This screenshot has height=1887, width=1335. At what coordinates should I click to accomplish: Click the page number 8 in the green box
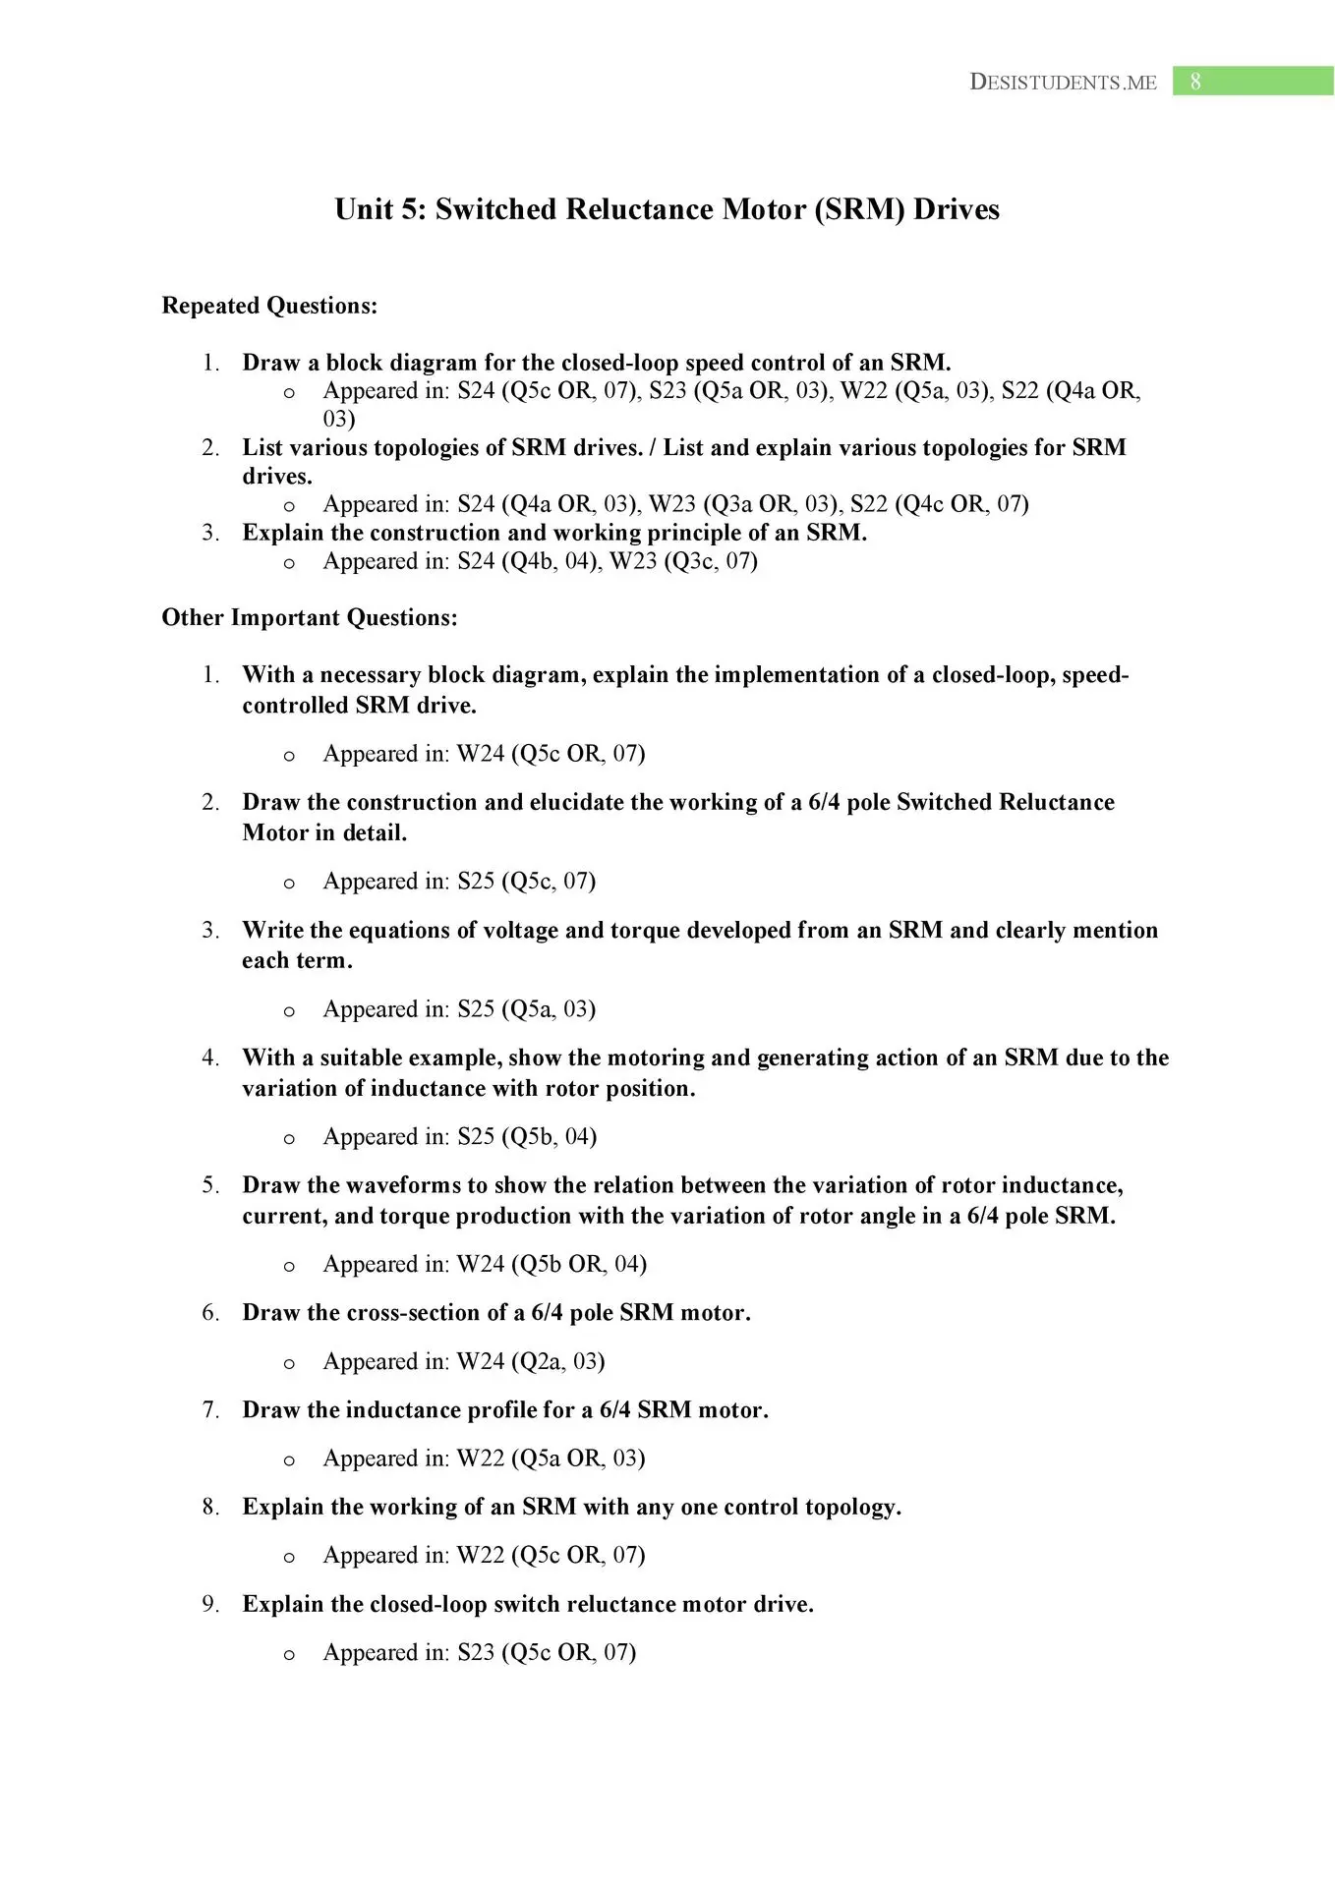pyautogui.click(x=1195, y=82)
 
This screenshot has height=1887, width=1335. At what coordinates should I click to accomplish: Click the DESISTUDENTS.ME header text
pyautogui.click(x=1063, y=83)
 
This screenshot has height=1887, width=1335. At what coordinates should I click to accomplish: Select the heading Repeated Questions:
pyautogui.click(x=269, y=306)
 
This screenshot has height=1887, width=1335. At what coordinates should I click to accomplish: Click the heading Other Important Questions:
pyautogui.click(x=310, y=617)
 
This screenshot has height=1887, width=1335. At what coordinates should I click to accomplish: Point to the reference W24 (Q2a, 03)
pyautogui.click(x=531, y=1361)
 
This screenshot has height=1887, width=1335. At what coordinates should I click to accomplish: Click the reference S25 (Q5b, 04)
pyautogui.click(x=527, y=1136)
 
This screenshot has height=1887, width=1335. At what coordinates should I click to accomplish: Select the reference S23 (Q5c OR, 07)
pyautogui.click(x=547, y=1652)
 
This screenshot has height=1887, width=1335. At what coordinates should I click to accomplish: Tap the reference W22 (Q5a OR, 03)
pyautogui.click(x=551, y=1458)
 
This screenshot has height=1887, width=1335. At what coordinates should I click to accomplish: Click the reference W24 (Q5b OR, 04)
pyautogui.click(x=551, y=1264)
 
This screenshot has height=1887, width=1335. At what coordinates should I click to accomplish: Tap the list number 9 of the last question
pyautogui.click(x=209, y=1604)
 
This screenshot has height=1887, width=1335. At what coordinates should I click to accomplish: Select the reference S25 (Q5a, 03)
pyautogui.click(x=526, y=1009)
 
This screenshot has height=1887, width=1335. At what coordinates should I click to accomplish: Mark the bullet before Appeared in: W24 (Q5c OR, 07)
pyautogui.click(x=289, y=756)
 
